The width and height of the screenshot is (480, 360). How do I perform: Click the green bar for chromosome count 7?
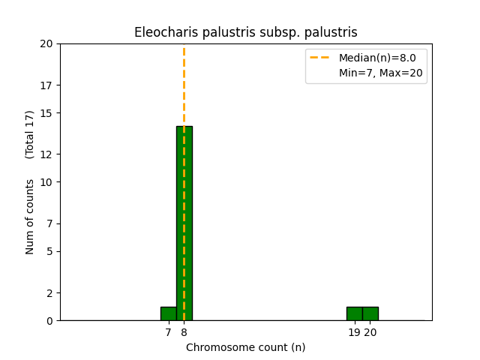(x=169, y=313)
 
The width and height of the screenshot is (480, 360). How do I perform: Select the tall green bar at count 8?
(x=184, y=223)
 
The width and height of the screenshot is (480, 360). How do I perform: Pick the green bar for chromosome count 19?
(x=355, y=313)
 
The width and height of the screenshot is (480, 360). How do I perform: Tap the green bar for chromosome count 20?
(x=370, y=313)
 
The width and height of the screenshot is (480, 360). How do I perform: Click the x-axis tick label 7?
(x=168, y=332)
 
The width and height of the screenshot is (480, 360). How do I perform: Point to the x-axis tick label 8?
(x=184, y=332)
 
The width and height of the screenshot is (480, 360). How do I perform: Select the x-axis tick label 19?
(x=355, y=332)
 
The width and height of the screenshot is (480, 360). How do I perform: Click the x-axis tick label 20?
(x=370, y=332)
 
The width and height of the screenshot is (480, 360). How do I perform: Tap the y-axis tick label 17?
(x=46, y=85)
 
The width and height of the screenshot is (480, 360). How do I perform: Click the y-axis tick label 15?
(x=46, y=113)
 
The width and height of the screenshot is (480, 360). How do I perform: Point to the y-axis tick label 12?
(x=46, y=154)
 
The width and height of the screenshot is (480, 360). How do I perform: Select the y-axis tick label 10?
(x=46, y=182)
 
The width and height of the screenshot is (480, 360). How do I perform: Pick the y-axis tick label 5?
(x=49, y=252)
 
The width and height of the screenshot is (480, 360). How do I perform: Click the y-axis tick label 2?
(x=49, y=293)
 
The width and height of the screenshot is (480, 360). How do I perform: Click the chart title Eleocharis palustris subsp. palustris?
(x=246, y=32)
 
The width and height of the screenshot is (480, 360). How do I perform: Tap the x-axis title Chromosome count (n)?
(x=246, y=347)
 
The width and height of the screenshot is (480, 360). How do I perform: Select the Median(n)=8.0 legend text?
(x=377, y=58)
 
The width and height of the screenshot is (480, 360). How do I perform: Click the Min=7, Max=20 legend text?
(x=381, y=73)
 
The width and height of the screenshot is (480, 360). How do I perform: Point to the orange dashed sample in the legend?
(x=319, y=57)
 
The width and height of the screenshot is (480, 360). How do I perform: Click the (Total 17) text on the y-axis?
(x=29, y=135)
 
